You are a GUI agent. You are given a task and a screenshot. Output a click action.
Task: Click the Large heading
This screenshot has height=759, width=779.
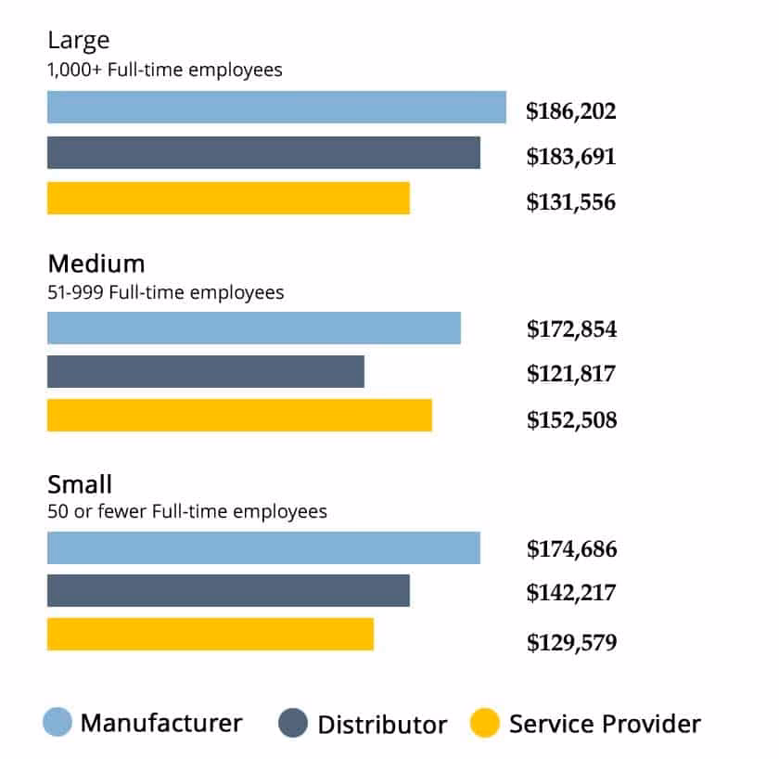click(x=79, y=41)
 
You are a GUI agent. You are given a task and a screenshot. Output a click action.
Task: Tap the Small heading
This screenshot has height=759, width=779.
click(x=80, y=483)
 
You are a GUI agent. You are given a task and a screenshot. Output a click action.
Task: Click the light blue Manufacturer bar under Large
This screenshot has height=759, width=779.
click(x=276, y=108)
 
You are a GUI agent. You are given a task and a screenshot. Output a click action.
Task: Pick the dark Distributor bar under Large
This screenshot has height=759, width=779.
click(x=263, y=153)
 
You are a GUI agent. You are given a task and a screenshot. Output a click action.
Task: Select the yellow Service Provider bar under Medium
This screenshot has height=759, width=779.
click(x=239, y=416)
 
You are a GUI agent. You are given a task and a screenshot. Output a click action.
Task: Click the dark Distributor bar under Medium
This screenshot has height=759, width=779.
click(x=205, y=372)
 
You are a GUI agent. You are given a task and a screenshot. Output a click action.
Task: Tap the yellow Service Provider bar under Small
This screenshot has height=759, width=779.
click(x=211, y=635)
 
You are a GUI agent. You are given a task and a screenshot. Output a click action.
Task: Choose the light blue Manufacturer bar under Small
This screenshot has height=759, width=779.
click(x=263, y=547)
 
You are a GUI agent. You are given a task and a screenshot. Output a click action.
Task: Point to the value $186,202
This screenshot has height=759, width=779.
click(x=571, y=112)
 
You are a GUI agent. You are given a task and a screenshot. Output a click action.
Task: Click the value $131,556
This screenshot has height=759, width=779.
click(x=571, y=202)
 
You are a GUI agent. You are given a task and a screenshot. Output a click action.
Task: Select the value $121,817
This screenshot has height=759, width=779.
click(x=571, y=375)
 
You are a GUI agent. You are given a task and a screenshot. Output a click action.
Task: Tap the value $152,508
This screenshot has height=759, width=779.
click(x=571, y=420)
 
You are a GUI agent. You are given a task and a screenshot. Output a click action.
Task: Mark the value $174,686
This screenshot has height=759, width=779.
click(x=571, y=549)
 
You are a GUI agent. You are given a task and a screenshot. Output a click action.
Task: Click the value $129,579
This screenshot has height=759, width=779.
click(x=571, y=642)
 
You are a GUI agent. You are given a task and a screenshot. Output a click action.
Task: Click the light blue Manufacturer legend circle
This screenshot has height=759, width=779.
click(x=57, y=723)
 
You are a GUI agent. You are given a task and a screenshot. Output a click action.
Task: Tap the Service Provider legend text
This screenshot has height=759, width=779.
click(x=605, y=724)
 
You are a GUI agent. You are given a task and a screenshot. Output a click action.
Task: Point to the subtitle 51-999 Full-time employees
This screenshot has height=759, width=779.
click(x=166, y=292)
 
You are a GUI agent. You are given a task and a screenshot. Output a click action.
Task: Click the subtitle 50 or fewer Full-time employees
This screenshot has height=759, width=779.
click(x=187, y=511)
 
